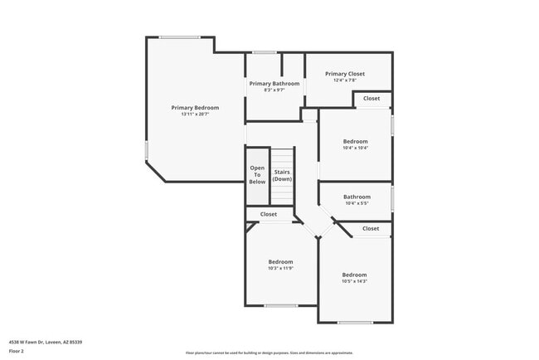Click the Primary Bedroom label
tap(195, 108)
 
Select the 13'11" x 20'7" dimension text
tap(195, 114)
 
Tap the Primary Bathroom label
tap(274, 84)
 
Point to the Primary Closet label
tap(344, 74)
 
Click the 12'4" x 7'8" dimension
tap(344, 80)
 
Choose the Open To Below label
tap(257, 174)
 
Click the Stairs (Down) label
tap(283, 176)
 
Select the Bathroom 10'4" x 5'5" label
tap(357, 197)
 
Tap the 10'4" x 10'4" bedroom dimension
tap(356, 148)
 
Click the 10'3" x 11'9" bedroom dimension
tap(280, 269)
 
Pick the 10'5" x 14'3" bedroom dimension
tap(355, 282)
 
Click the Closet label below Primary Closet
tap(371, 99)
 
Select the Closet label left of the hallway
tap(269, 214)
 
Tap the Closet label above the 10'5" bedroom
tap(371, 228)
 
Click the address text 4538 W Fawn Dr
tap(46, 342)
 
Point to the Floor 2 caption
tap(17, 351)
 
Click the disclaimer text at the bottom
tap(269, 353)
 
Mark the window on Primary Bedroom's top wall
tap(180, 37)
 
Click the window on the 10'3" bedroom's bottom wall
tap(280, 306)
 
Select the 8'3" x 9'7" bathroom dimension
tap(274, 90)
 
